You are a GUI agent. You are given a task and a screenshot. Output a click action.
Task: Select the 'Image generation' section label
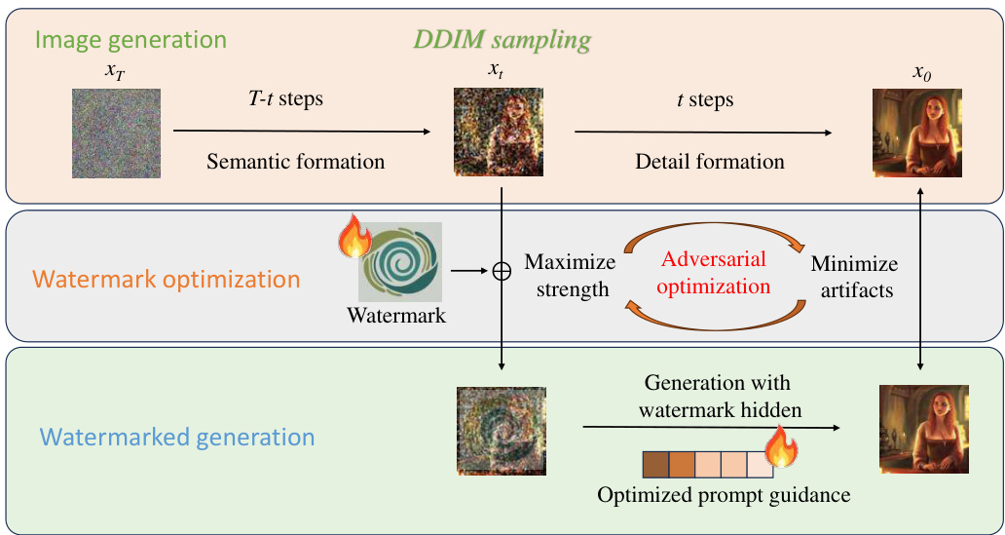[x=130, y=41]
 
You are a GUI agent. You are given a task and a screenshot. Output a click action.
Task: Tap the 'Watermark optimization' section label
[x=167, y=280]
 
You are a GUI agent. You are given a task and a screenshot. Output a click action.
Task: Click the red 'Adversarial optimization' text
[x=715, y=274]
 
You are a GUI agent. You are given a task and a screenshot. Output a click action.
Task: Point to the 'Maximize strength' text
[x=570, y=276]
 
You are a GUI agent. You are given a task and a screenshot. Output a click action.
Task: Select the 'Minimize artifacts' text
[x=854, y=276]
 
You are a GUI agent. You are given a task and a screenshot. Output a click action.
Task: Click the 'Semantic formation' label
[x=295, y=161]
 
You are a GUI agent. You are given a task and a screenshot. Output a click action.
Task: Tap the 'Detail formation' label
[x=710, y=161]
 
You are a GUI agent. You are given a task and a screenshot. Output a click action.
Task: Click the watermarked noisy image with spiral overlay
[x=500, y=430]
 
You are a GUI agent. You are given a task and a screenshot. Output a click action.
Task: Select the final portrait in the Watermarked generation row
[x=920, y=429]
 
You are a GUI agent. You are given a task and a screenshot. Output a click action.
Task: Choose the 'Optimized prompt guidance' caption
[x=724, y=495]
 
